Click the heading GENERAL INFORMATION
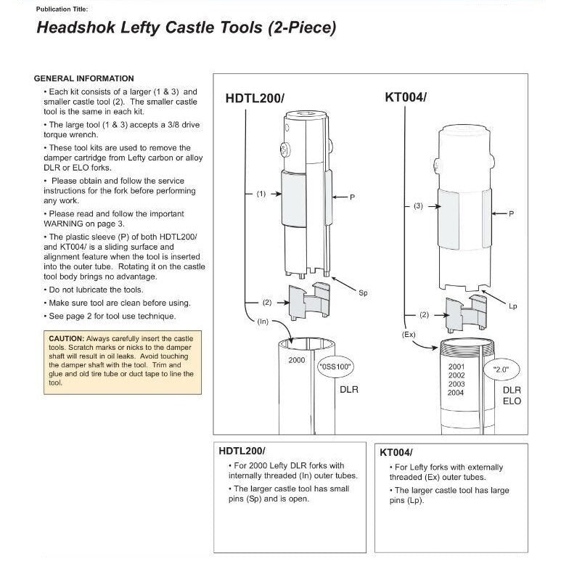click(84, 78)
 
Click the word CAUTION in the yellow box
click(66, 339)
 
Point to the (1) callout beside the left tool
click(262, 195)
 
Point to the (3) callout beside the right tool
click(418, 206)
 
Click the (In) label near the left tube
click(263, 320)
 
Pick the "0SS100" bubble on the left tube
click(335, 367)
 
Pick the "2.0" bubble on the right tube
click(500, 369)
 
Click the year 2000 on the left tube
click(296, 360)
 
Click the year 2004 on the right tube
click(456, 393)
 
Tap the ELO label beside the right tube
click(512, 401)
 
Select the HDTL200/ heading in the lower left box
click(242, 451)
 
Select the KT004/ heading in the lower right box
click(396, 452)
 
